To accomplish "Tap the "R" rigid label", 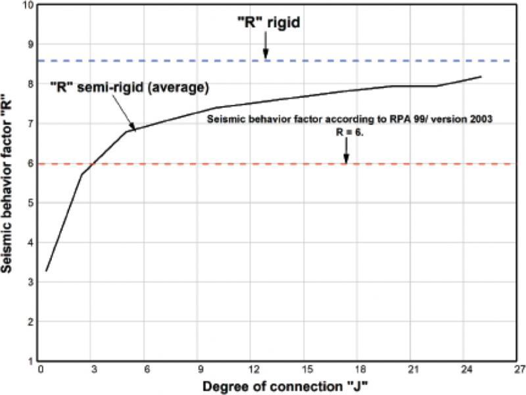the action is (x=269, y=22).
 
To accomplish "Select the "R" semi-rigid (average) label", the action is (x=130, y=88).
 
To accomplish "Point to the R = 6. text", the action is (x=350, y=132).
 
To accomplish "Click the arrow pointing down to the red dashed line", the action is (x=347, y=151).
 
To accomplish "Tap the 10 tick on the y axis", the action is (x=30, y=5).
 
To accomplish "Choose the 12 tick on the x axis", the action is (x=254, y=370).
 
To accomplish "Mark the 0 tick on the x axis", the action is (x=41, y=370).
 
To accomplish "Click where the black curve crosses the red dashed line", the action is (x=92, y=164).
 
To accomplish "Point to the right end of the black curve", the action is (x=481, y=76).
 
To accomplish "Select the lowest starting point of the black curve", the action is (x=46, y=271).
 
